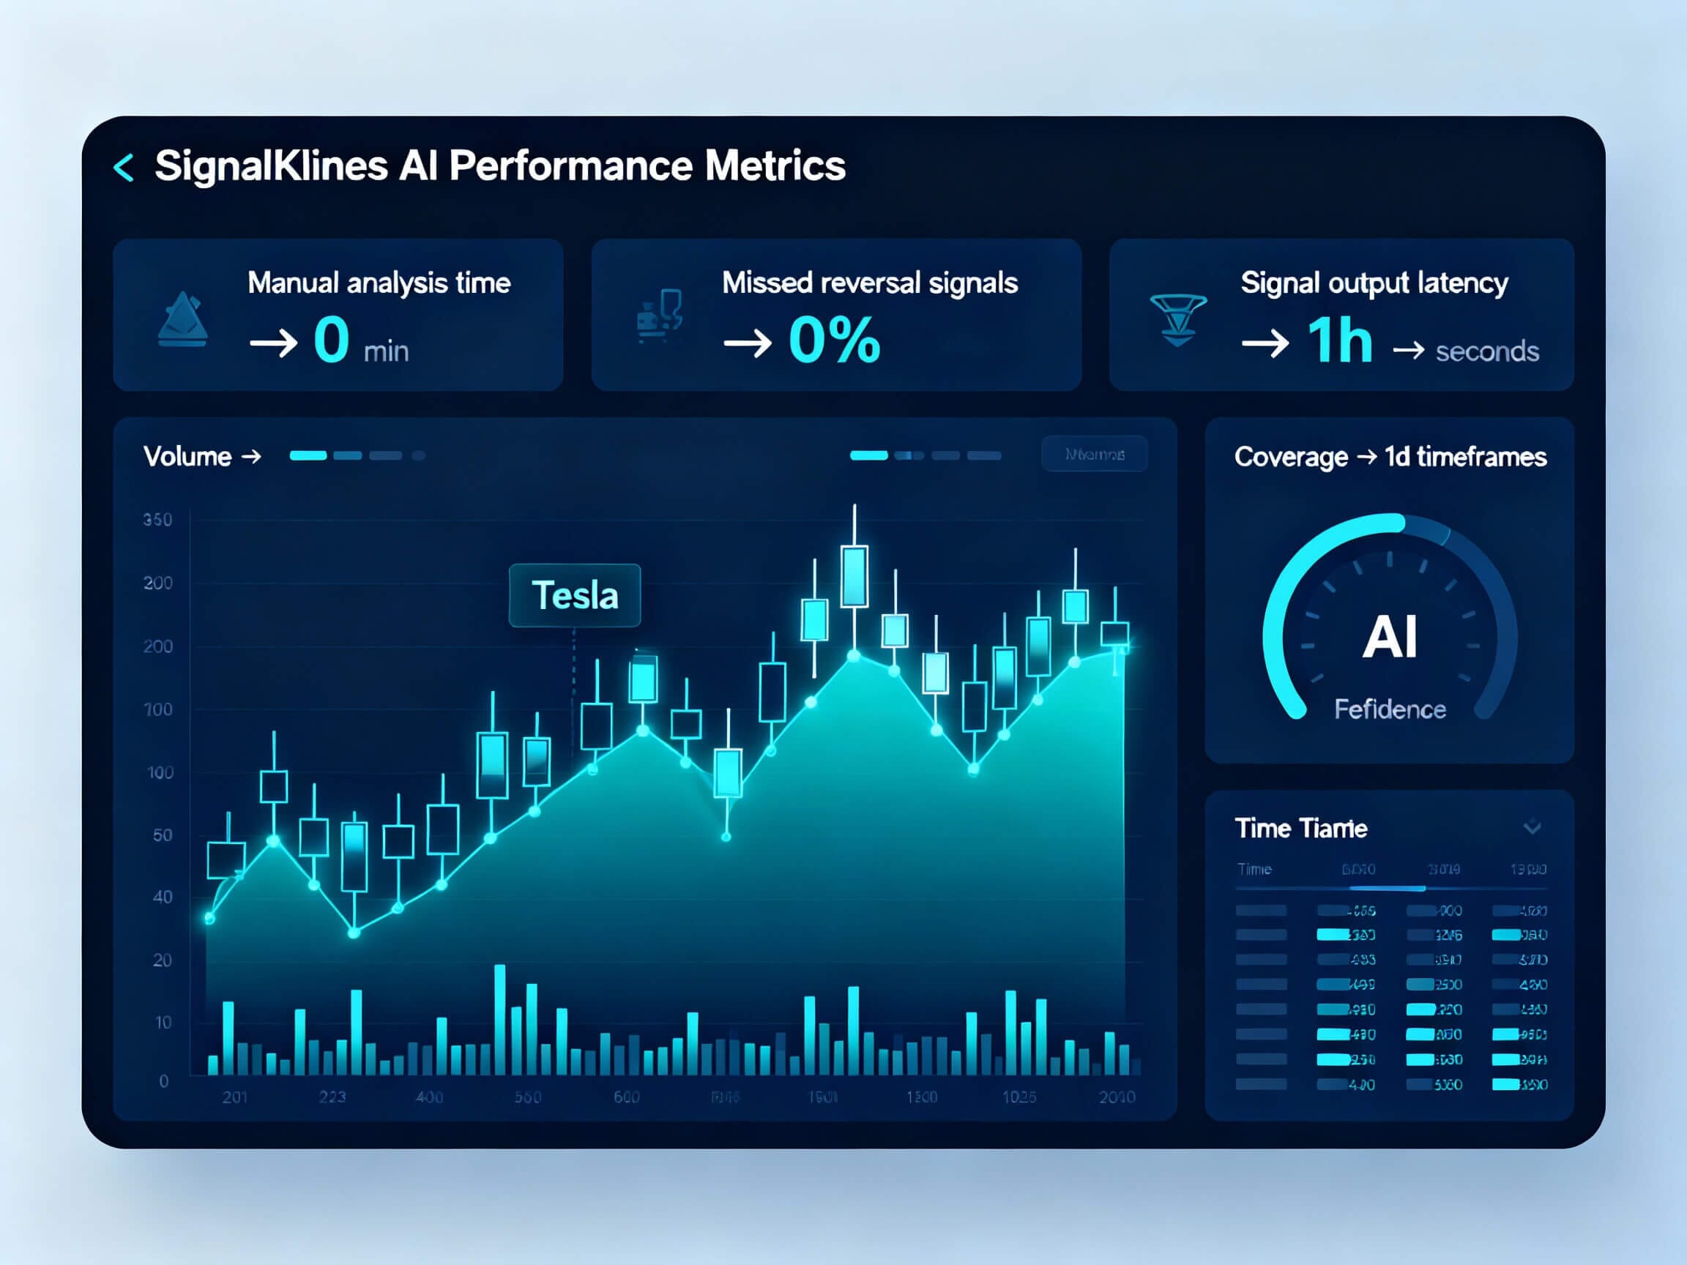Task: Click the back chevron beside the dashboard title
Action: tap(124, 167)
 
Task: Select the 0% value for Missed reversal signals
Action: tap(835, 340)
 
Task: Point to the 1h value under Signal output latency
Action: tap(1339, 340)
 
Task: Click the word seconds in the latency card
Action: tap(1486, 351)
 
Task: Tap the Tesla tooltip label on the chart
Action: tap(574, 595)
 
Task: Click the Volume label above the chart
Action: tap(187, 457)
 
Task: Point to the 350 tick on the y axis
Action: tap(158, 520)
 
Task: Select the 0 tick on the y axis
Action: tap(163, 1081)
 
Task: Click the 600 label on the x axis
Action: tap(626, 1097)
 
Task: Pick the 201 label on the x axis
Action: tap(235, 1097)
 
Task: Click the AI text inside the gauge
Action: tap(1390, 638)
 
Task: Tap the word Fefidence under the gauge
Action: tap(1390, 710)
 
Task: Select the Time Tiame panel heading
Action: tap(1300, 828)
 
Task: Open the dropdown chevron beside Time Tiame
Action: tap(1533, 827)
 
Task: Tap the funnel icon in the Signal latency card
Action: tap(1177, 319)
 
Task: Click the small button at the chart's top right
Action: tap(1094, 455)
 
